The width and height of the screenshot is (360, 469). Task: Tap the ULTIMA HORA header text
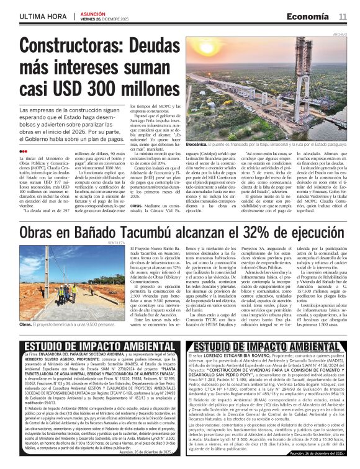42,16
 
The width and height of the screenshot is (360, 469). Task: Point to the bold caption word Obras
27,324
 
